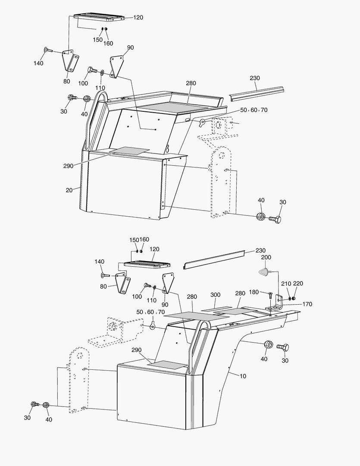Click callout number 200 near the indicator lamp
[266, 257]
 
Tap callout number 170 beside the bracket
[307, 304]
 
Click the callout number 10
[243, 376]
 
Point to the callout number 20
[69, 190]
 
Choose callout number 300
[216, 295]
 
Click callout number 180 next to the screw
[254, 293]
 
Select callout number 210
[285, 283]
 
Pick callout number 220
[298, 283]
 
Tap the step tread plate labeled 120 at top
[99, 17]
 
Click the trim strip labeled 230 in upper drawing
[257, 92]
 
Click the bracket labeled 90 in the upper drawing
[116, 66]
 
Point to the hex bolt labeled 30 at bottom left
[34, 404]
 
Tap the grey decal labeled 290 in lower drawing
[167, 364]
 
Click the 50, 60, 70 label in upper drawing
[254, 110]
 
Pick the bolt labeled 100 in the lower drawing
[147, 285]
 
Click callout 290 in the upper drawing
[68, 165]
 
